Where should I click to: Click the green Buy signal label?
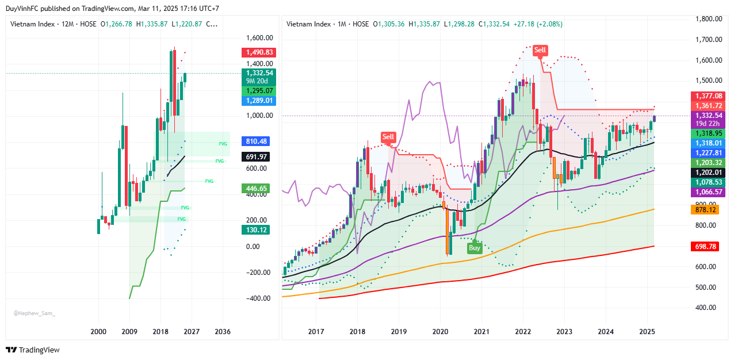tap(475, 248)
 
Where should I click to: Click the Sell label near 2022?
tap(540, 50)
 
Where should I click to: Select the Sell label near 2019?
tap(389, 137)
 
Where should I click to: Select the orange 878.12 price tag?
tap(708, 210)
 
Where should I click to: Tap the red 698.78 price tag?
tap(708, 246)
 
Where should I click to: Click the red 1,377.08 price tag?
tap(708, 96)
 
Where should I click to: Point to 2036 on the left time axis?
tap(223, 332)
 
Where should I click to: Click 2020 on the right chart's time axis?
tap(440, 332)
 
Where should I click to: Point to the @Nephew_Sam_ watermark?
tap(35, 313)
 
